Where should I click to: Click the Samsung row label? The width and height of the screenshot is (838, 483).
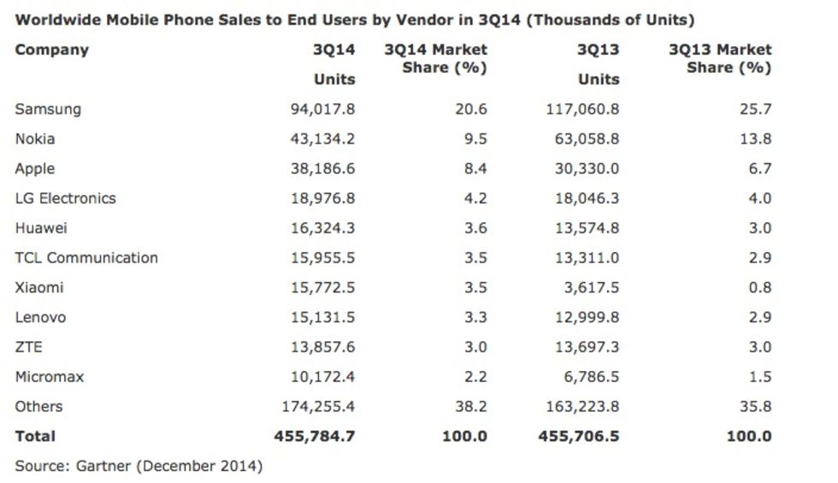tap(48, 109)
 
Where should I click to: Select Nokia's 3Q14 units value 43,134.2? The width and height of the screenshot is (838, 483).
tap(315, 139)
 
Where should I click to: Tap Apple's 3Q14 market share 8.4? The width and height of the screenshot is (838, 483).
tap(475, 169)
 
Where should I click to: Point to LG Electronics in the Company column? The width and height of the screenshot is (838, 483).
tap(65, 198)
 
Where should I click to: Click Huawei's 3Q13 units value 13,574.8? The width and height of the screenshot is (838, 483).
tap(582, 228)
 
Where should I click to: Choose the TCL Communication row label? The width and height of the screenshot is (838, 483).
tap(86, 258)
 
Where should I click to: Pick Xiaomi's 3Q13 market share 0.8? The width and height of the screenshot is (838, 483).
tap(759, 288)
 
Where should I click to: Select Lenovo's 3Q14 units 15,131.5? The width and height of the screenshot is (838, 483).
tap(315, 318)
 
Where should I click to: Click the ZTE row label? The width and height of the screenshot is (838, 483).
tap(28, 347)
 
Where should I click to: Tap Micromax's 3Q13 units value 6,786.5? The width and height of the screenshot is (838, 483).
tap(587, 377)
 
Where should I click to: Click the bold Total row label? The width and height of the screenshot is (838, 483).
tap(35, 437)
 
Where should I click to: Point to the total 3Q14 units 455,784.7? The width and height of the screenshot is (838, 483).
tap(314, 437)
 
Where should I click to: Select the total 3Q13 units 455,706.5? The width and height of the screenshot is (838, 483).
tap(578, 437)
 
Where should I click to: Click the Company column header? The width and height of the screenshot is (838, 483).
tap(51, 50)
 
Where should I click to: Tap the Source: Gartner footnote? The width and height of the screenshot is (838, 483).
tap(139, 466)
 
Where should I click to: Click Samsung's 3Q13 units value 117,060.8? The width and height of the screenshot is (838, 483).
tap(582, 109)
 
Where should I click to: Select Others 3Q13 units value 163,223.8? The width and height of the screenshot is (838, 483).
tap(582, 407)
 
